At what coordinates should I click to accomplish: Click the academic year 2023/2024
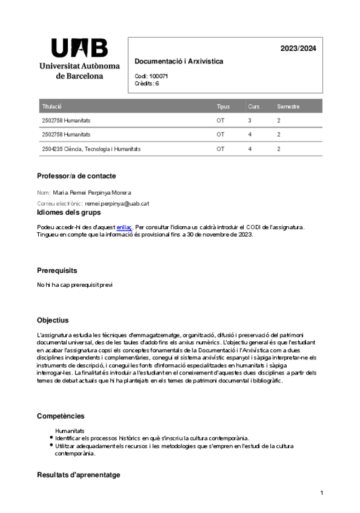pos(298,49)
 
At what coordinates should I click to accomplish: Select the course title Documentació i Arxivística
pos(178,61)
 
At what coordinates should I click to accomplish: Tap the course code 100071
pos(159,76)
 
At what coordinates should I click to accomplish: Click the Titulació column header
pos(52,106)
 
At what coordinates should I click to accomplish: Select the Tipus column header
pos(223,106)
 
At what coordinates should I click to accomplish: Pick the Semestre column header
pos(288,106)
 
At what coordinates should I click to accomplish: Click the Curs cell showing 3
pos(250,120)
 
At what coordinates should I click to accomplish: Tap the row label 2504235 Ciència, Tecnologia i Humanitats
pos(91,148)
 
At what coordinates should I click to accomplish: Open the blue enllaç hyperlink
pos(124,227)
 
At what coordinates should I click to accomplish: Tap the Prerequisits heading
pos(57,270)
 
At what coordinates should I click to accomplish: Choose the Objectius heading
pos(53,320)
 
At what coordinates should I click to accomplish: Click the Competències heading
pos(61,416)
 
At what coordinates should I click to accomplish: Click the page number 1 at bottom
pos(322,494)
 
